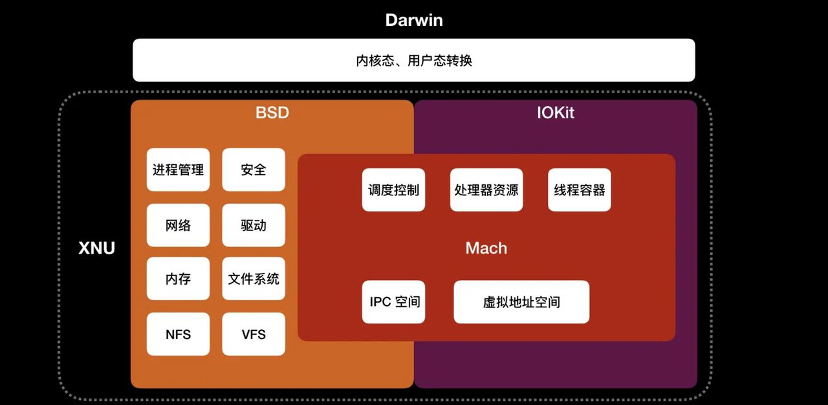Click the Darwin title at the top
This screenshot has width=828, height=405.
pyautogui.click(x=414, y=19)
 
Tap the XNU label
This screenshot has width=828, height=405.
pyautogui.click(x=96, y=248)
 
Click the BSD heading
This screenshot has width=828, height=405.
pyautogui.click(x=272, y=113)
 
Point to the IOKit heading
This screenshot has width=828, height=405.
pyautogui.click(x=556, y=113)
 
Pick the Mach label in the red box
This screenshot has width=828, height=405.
pyautogui.click(x=486, y=248)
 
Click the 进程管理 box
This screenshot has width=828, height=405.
pyautogui.click(x=178, y=170)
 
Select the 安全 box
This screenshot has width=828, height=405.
pyautogui.click(x=254, y=170)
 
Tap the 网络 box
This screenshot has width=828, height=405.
pyautogui.click(x=178, y=225)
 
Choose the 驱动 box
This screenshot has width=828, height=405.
pyautogui.click(x=254, y=225)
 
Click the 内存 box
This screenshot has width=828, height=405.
pyautogui.click(x=178, y=279)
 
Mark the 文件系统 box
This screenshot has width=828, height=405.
pyautogui.click(x=254, y=279)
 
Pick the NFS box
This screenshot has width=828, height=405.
pyautogui.click(x=178, y=334)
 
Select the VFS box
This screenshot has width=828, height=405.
pyautogui.click(x=254, y=334)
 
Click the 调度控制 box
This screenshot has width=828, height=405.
pyautogui.click(x=393, y=190)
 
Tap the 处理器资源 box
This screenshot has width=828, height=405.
pyautogui.click(x=486, y=190)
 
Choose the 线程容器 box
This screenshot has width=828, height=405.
pyautogui.click(x=580, y=190)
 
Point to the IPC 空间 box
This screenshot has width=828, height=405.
pyautogui.click(x=393, y=302)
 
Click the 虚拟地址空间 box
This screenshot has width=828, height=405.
pyautogui.click(x=521, y=302)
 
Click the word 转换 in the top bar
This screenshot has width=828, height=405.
pyautogui.click(x=460, y=61)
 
